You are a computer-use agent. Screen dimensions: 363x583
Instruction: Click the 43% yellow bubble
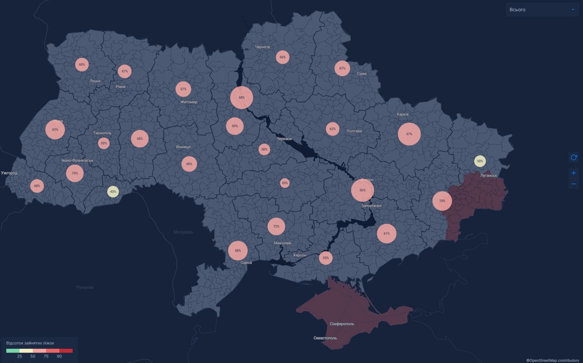113,192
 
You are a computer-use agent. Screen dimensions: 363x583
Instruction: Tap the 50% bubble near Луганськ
480,161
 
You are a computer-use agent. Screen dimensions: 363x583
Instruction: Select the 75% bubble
442,201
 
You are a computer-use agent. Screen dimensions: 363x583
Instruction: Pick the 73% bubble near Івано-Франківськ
75,173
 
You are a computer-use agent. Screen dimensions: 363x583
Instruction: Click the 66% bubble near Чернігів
282,57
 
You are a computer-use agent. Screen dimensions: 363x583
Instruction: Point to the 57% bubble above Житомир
183,89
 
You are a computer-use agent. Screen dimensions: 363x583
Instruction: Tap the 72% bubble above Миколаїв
276,226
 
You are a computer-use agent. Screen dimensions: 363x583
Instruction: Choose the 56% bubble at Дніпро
363,190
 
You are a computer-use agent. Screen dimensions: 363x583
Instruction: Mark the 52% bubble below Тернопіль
104,143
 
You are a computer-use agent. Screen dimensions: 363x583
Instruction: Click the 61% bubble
387,233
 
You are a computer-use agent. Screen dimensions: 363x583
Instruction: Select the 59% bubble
235,126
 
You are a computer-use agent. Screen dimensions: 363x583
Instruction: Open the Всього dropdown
542,10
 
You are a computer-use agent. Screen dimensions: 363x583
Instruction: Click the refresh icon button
574,158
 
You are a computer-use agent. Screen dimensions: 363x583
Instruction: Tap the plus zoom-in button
574,173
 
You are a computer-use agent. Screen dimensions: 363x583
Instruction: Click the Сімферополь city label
342,324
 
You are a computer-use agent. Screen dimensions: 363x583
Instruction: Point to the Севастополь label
325,338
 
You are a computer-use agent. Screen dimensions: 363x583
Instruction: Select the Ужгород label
9,173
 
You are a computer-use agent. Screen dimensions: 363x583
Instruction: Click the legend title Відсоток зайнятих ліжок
30,343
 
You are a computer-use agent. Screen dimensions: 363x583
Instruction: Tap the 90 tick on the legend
59,356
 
